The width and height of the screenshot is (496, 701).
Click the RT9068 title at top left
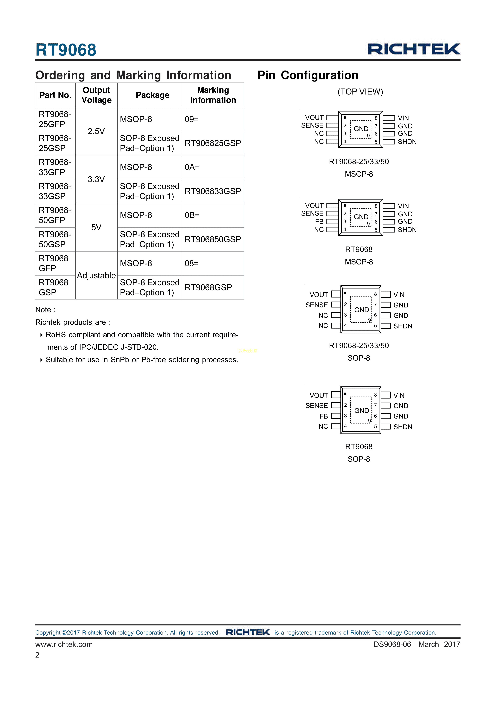pyautogui.click(x=66, y=50)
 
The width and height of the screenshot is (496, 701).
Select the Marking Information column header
pyautogui.click(x=213, y=95)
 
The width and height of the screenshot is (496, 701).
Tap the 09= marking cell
pyautogui.click(x=192, y=119)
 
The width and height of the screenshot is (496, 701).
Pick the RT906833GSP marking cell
pyautogui.click(x=213, y=191)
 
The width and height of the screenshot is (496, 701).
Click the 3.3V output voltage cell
pyautogui.click(x=96, y=179)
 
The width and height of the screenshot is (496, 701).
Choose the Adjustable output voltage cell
pyautogui.click(x=96, y=275)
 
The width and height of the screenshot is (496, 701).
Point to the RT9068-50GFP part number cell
pyautogui.click(x=55, y=215)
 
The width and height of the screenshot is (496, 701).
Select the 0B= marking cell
pyautogui.click(x=192, y=215)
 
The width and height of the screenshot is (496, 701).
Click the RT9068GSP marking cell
pyautogui.click(x=208, y=287)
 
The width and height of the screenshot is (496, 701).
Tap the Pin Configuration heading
pyautogui.click(x=308, y=75)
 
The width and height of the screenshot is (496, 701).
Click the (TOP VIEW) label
pyautogui.click(x=360, y=92)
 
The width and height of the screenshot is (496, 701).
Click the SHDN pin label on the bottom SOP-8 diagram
pyautogui.click(x=402, y=427)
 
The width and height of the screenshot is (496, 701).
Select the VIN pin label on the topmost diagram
pyautogui.click(x=403, y=118)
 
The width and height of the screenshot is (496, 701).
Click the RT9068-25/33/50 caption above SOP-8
pyautogui.click(x=359, y=346)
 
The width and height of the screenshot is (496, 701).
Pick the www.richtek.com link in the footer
pyautogui.click(x=64, y=644)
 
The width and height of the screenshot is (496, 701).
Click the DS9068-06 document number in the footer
pyautogui.click(x=392, y=644)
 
